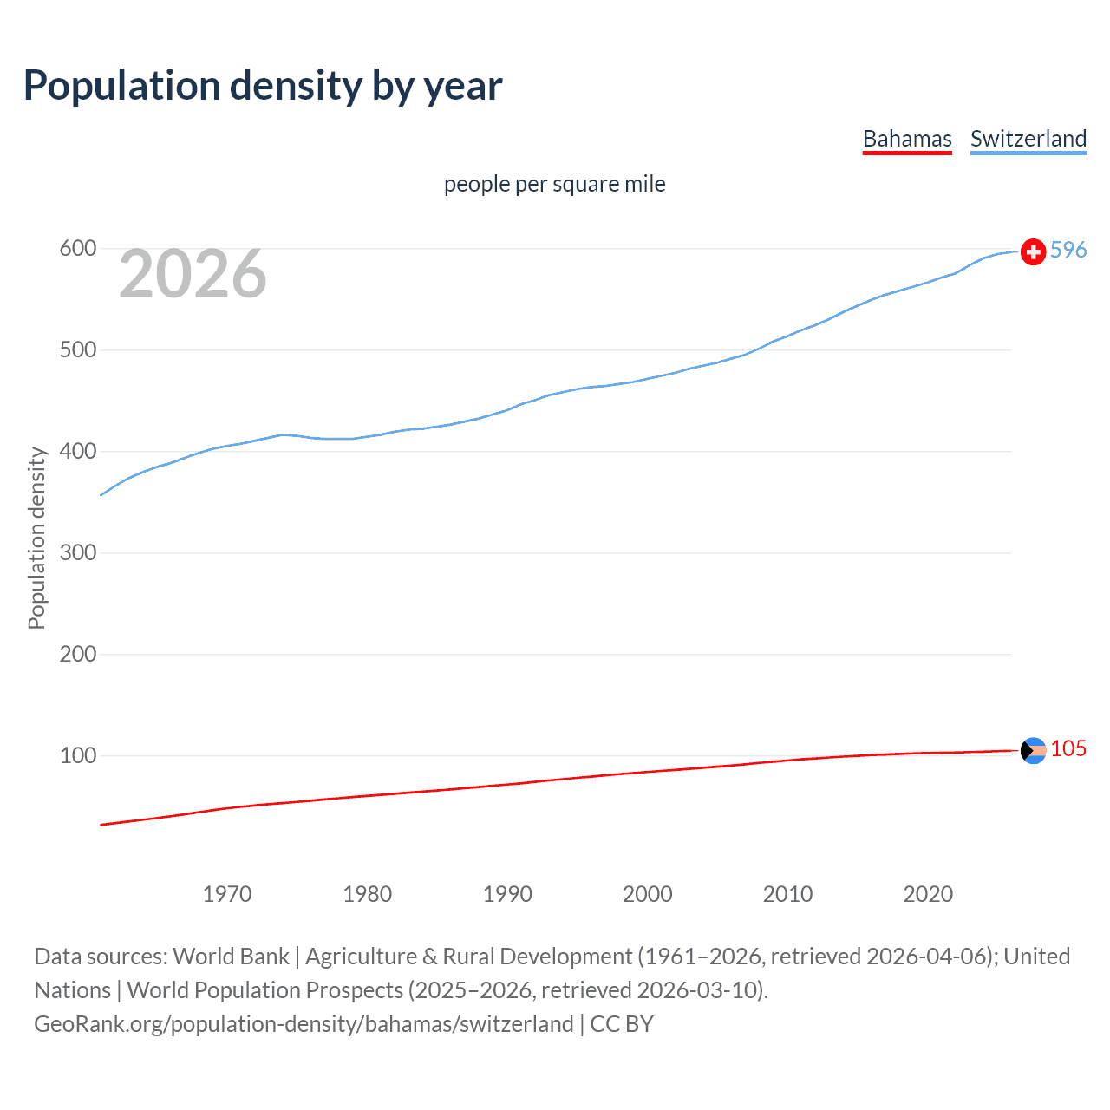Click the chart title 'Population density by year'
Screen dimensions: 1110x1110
pyautogui.click(x=263, y=86)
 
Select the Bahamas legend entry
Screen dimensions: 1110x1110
pyautogui.click(x=907, y=139)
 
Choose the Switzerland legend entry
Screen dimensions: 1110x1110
pyautogui.click(x=1028, y=139)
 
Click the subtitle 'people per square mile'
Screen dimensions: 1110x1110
pyautogui.click(x=554, y=184)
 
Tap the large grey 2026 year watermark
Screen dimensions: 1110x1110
pyautogui.click(x=193, y=274)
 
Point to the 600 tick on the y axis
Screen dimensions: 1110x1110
pyautogui.click(x=77, y=249)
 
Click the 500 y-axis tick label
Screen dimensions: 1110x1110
pyautogui.click(x=77, y=350)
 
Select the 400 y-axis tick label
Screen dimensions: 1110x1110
pyautogui.click(x=77, y=452)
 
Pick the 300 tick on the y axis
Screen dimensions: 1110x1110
pyautogui.click(x=77, y=553)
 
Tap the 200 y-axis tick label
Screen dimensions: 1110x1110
pyautogui.click(x=77, y=655)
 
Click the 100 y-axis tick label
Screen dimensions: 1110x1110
pyautogui.click(x=77, y=756)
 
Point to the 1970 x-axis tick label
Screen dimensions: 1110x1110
pyautogui.click(x=227, y=894)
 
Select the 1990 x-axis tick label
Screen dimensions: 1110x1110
pyautogui.click(x=507, y=894)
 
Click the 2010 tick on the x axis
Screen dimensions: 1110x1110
pyautogui.click(x=787, y=894)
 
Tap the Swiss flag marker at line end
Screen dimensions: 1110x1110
pyautogui.click(x=1033, y=252)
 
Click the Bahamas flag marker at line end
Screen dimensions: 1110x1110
pyautogui.click(x=1033, y=750)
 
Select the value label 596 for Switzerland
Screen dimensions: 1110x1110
pyautogui.click(x=1068, y=250)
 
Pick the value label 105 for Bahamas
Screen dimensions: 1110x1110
pyautogui.click(x=1068, y=748)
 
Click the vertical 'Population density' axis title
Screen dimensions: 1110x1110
pyautogui.click(x=36, y=538)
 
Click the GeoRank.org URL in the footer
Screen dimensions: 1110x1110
pyautogui.click(x=304, y=1024)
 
